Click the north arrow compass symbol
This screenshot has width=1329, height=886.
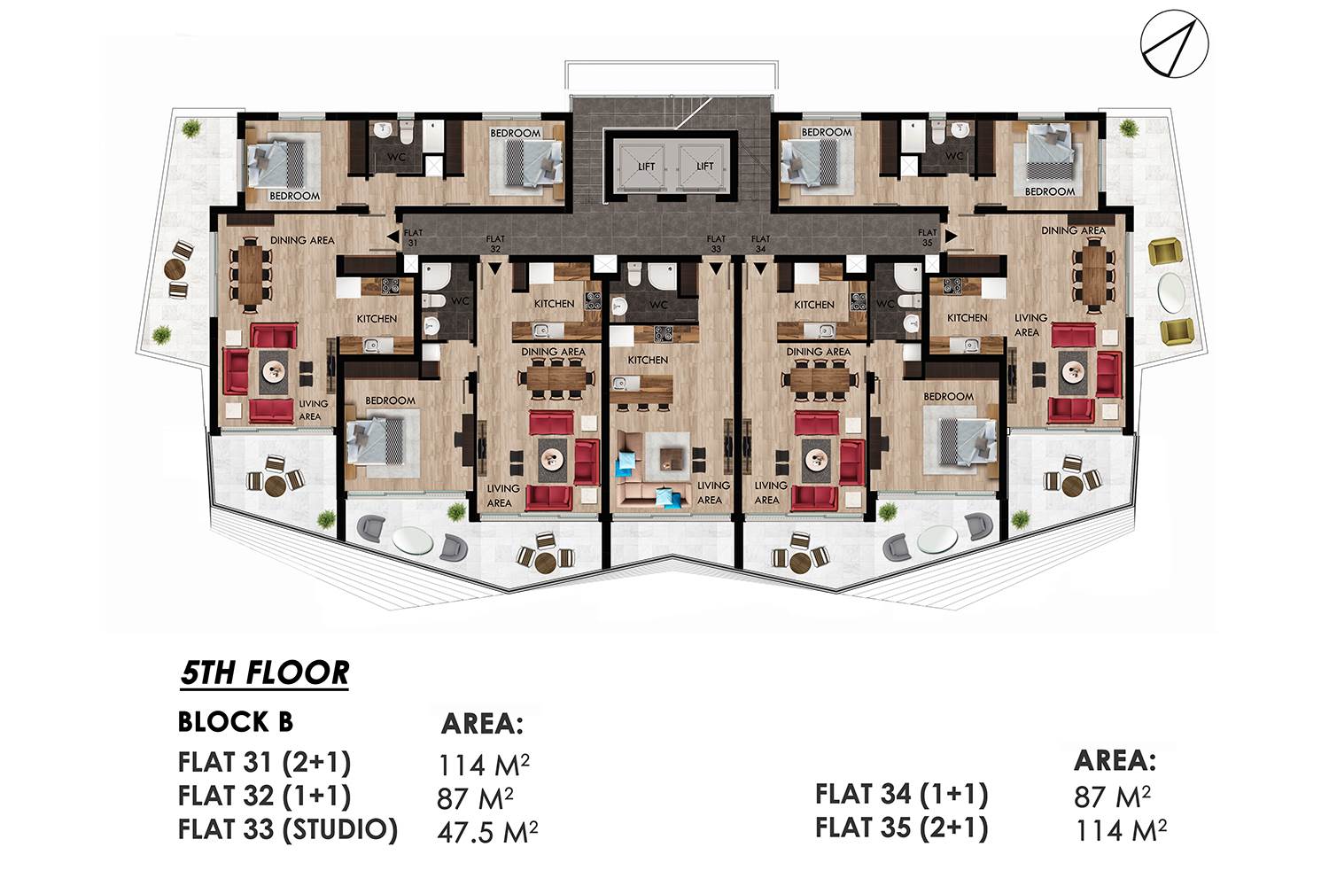coord(1174,44)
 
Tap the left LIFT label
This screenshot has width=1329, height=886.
coord(646,167)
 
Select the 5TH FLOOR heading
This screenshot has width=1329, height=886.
coord(265,673)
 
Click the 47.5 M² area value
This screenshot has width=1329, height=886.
coord(487,832)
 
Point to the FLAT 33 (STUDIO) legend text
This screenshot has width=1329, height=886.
coord(288,829)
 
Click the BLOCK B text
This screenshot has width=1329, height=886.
coord(236,722)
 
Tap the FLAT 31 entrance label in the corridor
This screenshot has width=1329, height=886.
coord(413,237)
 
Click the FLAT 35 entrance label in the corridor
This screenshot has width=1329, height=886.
coord(927,237)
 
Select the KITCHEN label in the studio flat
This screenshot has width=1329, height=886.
coord(648,361)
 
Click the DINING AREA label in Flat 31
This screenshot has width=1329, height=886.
coord(303,240)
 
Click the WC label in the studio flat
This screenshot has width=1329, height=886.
coord(658,305)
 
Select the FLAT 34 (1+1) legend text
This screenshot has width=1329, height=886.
coord(902,795)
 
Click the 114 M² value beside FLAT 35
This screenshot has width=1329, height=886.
coord(1121,829)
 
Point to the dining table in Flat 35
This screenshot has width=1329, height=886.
coord(1094,274)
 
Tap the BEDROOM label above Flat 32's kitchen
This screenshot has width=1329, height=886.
coord(516,134)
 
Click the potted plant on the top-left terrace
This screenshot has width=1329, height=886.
coord(191,128)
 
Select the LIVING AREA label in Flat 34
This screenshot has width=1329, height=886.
coord(770,493)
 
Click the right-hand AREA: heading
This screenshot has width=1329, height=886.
coord(1115,761)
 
